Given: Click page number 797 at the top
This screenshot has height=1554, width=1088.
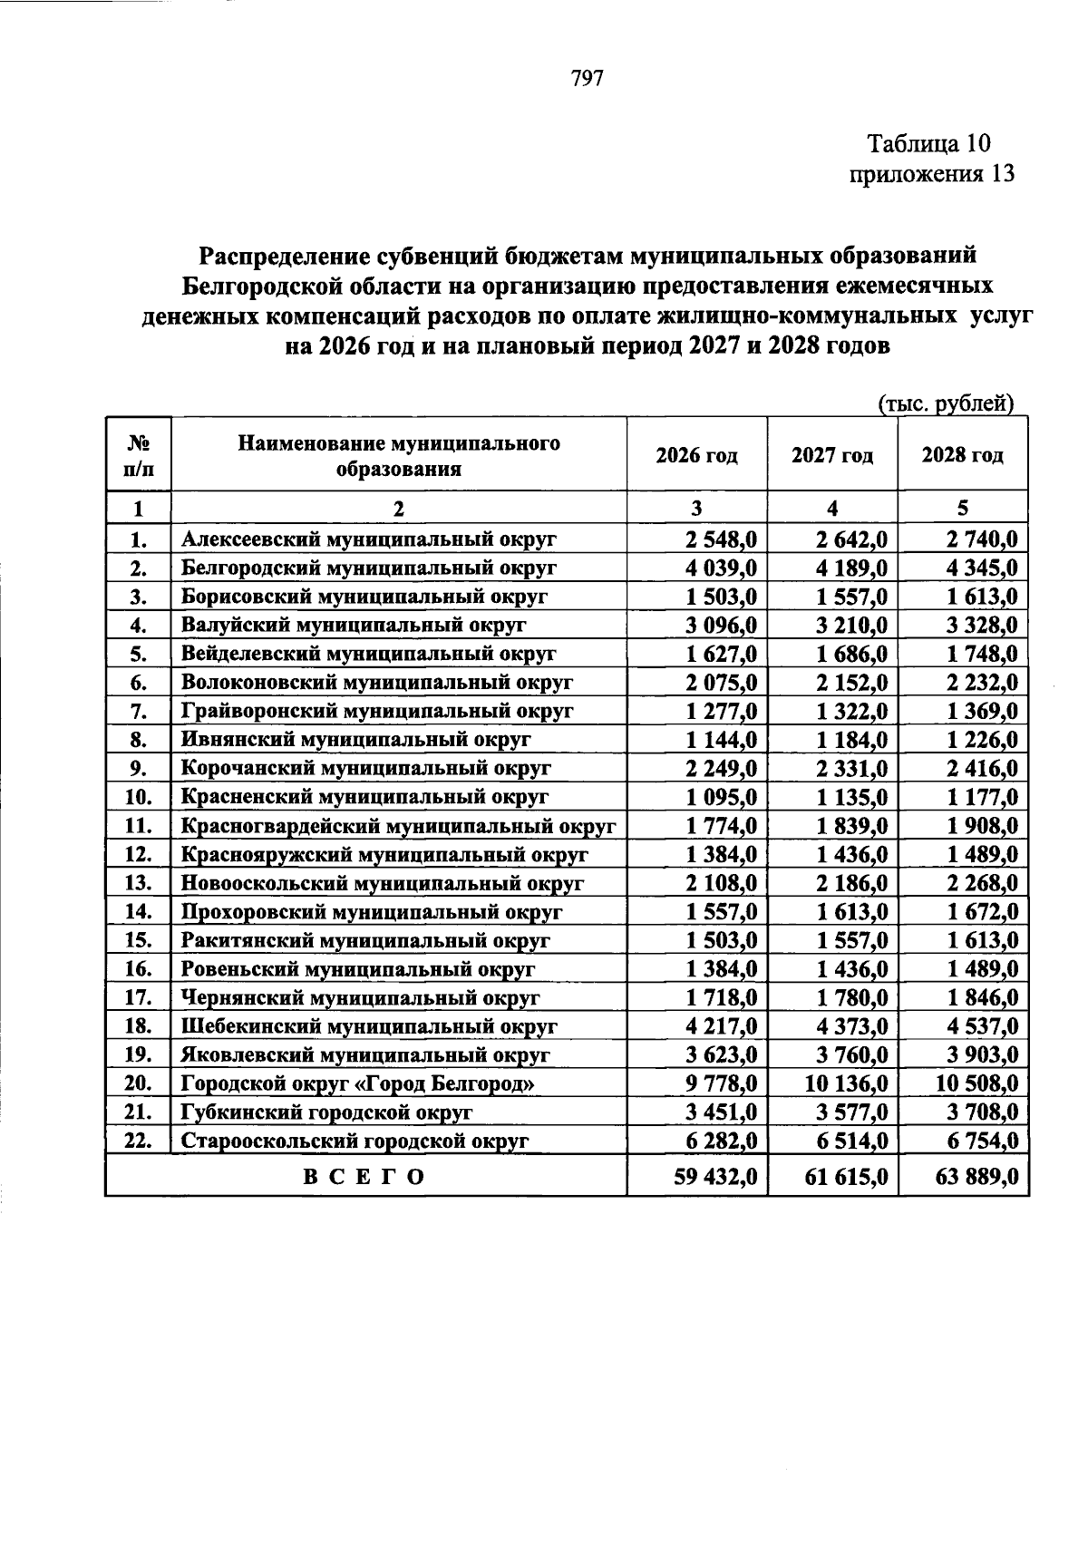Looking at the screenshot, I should (x=588, y=78).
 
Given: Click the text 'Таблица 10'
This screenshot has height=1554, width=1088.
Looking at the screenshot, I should (x=929, y=143).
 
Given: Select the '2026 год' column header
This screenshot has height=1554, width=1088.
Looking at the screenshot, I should (x=696, y=455).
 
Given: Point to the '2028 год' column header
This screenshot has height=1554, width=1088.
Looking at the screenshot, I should (x=962, y=455).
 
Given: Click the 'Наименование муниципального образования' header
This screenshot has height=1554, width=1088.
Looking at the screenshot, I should (x=399, y=456).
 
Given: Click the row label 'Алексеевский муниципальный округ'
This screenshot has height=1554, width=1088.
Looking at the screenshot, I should (x=368, y=539).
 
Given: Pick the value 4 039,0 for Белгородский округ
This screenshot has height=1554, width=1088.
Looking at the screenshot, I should (x=722, y=568).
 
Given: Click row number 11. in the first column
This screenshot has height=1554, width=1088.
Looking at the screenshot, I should (x=138, y=826).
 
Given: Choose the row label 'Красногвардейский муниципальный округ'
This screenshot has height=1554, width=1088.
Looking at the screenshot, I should (x=398, y=826).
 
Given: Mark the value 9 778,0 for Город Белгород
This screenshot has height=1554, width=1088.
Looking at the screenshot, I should (x=722, y=1083).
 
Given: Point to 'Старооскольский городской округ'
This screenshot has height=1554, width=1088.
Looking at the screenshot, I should (x=355, y=1141).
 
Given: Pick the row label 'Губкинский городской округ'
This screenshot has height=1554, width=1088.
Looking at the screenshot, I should (x=326, y=1112).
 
